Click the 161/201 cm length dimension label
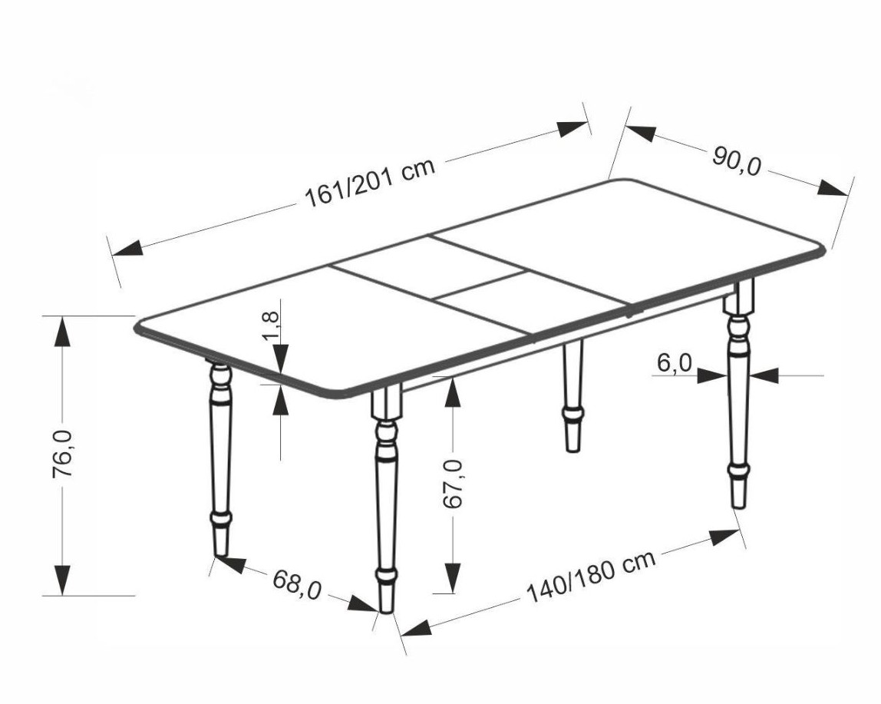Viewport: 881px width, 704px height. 370,183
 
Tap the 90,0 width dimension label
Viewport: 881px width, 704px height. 737,160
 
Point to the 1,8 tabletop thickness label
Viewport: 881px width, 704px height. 270,326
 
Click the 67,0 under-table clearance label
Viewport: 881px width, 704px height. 453,484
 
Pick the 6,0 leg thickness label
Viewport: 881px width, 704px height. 675,363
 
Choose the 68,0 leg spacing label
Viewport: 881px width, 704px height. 297,584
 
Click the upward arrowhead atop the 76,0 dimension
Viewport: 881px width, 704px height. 62,332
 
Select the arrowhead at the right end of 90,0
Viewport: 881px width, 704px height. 833,188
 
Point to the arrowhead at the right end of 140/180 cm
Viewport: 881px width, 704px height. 724,537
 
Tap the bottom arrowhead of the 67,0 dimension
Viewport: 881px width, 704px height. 452,577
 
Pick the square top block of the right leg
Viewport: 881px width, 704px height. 738,297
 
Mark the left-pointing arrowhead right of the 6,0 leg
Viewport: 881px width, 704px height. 763,375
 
